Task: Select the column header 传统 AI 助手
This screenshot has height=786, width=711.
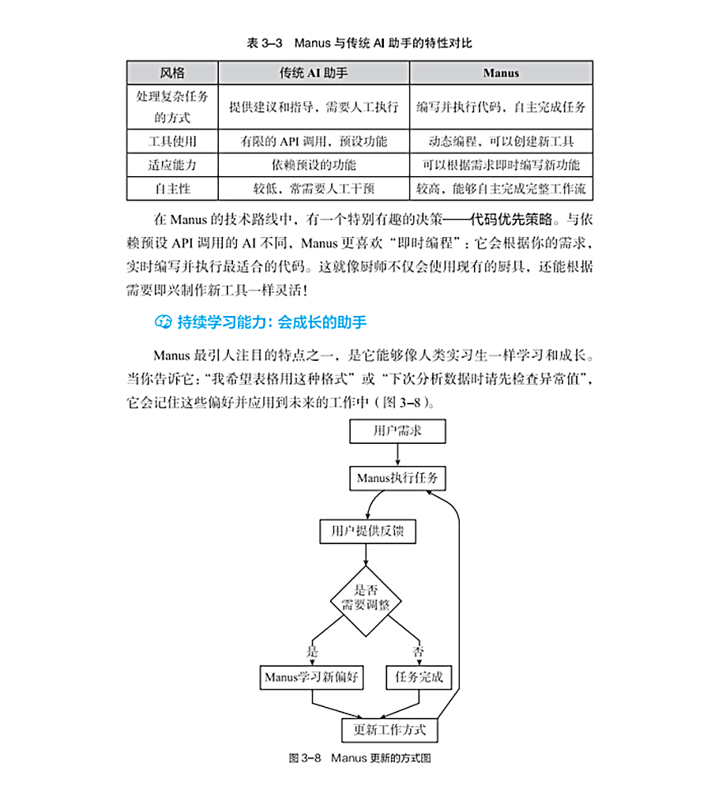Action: coord(313,73)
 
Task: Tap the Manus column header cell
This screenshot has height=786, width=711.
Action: coord(502,73)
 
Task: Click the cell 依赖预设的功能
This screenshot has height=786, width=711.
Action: coord(313,165)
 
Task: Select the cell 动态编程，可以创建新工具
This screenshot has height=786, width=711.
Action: coord(502,142)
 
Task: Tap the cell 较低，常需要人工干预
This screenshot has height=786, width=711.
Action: coord(313,189)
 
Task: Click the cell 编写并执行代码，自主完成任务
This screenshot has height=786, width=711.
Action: coord(502,107)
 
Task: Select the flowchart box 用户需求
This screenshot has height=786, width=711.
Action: coord(397,431)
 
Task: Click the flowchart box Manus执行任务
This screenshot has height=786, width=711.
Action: coord(397,478)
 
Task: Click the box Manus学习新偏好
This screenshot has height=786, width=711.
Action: coord(312,677)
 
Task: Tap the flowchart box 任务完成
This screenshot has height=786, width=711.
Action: coord(419,677)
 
